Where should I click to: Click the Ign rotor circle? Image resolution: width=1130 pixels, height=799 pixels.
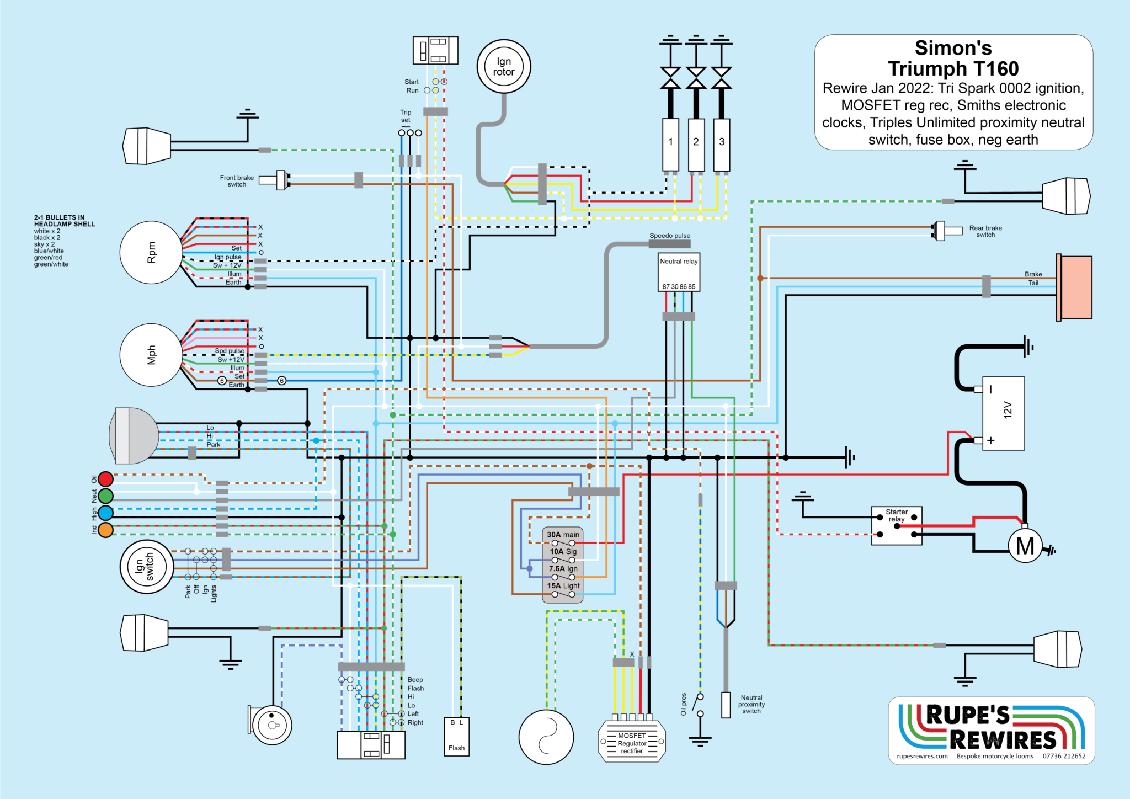tap(504, 67)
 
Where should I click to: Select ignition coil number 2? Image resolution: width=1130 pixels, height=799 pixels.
tap(696, 144)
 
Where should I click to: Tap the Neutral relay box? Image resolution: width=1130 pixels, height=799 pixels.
tap(679, 271)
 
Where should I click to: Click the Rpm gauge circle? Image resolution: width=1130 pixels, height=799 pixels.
tap(151, 253)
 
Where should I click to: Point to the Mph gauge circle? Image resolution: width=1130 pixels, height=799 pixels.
tap(151, 355)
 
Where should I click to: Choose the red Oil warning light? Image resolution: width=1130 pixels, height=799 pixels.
tap(105, 478)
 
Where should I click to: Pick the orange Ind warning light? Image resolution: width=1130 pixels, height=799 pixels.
tap(105, 530)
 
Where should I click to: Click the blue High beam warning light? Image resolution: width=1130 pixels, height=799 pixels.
tap(105, 513)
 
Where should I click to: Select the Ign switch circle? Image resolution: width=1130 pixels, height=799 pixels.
tap(147, 567)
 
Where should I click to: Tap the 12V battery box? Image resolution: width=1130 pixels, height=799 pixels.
tap(1003, 413)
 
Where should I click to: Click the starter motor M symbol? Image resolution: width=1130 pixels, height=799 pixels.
tap(1025, 546)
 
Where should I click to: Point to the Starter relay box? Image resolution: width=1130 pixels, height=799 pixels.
tap(897, 526)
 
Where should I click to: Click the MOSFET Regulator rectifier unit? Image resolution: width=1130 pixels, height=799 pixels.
tap(632, 743)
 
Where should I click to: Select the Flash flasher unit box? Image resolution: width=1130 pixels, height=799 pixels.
tap(456, 737)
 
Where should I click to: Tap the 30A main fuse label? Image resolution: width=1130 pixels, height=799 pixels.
tap(563, 535)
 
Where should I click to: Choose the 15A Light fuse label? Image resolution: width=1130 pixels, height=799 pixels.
tap(563, 585)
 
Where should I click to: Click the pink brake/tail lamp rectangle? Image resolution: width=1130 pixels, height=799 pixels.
tap(1074, 287)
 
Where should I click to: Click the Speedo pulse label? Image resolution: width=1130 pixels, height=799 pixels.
tap(669, 236)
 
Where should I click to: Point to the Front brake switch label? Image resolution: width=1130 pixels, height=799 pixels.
tap(237, 181)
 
